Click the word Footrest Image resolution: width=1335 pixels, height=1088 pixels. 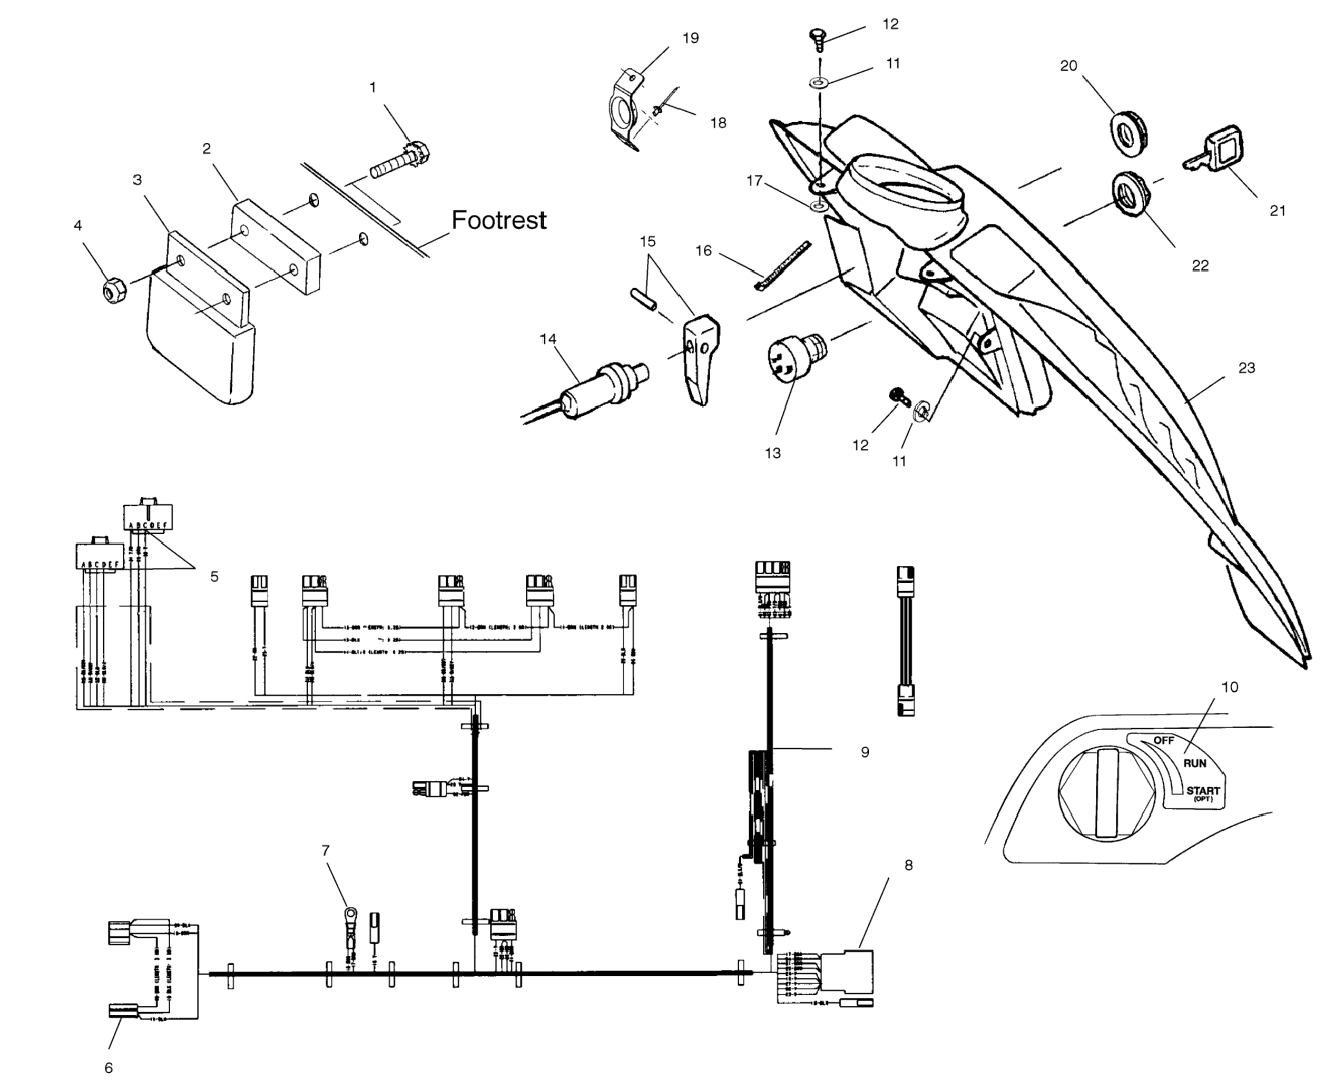[498, 220]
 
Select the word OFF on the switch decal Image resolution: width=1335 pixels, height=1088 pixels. [1163, 740]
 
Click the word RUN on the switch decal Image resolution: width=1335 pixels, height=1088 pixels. [1194, 763]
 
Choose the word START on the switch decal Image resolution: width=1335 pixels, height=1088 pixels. [1202, 791]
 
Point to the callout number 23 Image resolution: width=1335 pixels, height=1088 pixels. [1246, 368]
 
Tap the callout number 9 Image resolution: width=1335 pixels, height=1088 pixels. [865, 752]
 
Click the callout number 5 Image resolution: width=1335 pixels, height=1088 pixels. [214, 576]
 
